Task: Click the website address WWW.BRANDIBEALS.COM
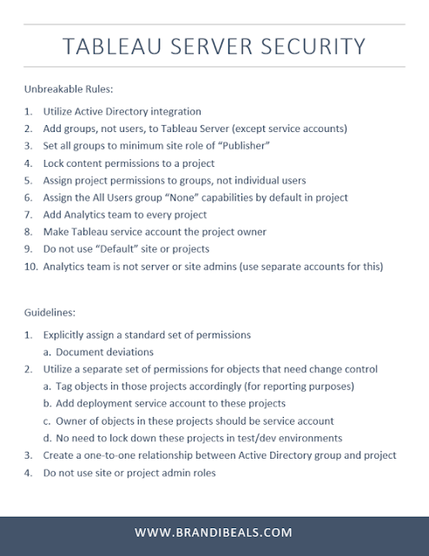pyautogui.click(x=214, y=532)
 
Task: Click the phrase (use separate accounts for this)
pyautogui.click(x=299, y=265)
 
